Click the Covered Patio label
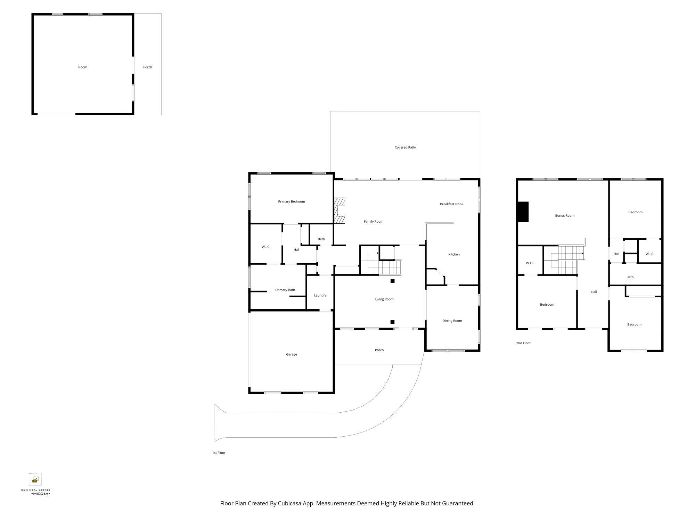point(405,148)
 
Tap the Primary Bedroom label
point(291,202)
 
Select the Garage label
point(292,355)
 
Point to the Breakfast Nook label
point(451,204)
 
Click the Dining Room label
point(452,321)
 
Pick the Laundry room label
point(320,296)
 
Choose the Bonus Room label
point(565,216)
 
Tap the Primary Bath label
point(285,290)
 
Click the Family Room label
point(374,222)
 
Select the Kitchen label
point(454,255)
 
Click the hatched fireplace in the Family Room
point(340,210)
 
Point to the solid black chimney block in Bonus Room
point(523,212)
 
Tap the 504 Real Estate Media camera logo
point(35,480)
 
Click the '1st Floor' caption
point(219,453)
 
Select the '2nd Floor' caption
point(523,343)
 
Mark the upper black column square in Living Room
point(392,281)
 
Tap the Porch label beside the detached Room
point(148,67)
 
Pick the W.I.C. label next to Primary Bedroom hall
point(266,247)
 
